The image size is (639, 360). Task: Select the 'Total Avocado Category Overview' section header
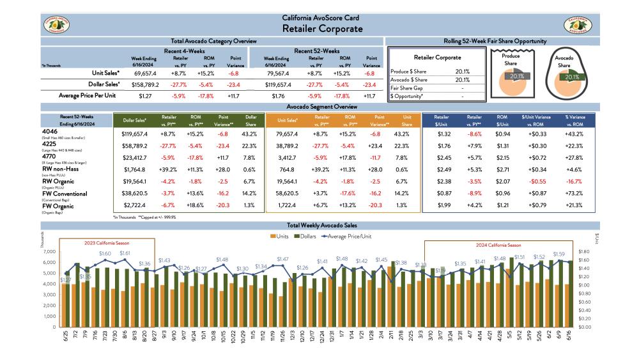coord(212,41)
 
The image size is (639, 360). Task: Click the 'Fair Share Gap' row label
coord(407,88)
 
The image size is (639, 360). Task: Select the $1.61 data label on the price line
coord(125,254)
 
